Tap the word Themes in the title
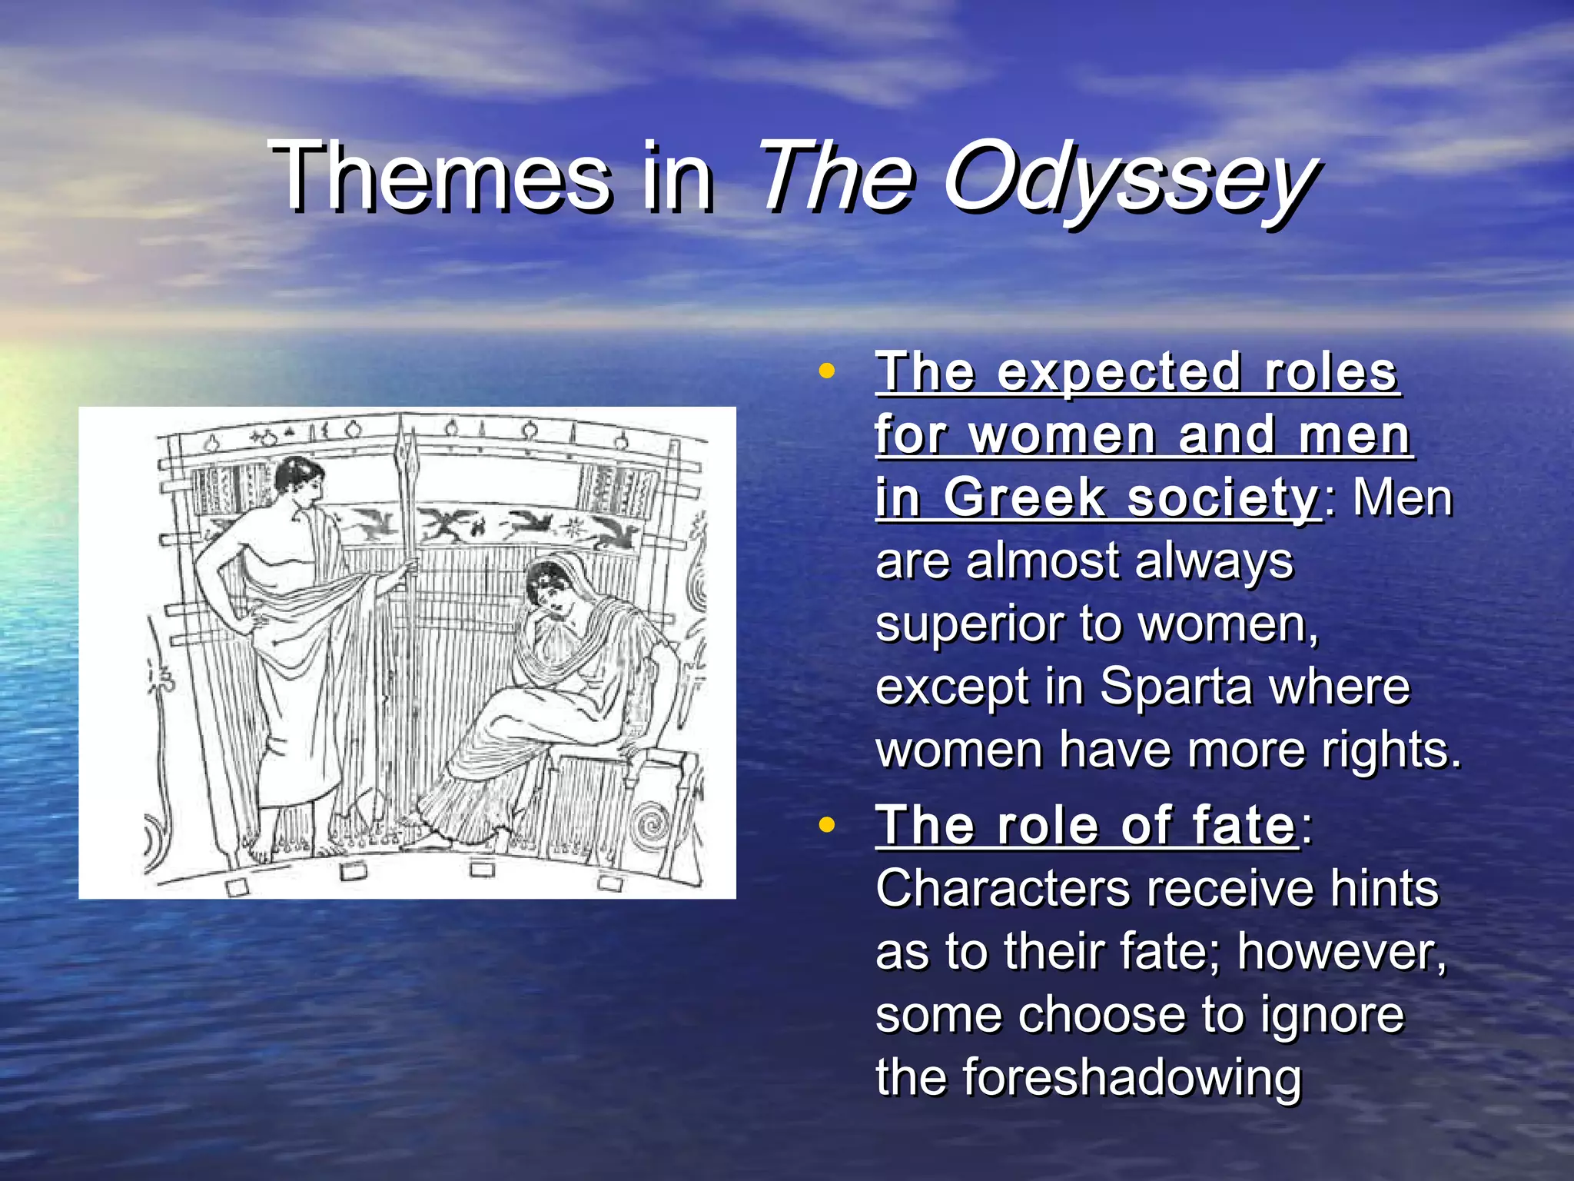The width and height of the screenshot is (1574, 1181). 441,178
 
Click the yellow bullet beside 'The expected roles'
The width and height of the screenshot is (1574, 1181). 827,371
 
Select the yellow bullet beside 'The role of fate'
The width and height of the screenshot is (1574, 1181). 827,825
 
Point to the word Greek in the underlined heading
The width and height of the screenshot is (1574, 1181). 1026,498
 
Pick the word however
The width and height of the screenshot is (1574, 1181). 1341,952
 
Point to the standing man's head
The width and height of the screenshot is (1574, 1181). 297,481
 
